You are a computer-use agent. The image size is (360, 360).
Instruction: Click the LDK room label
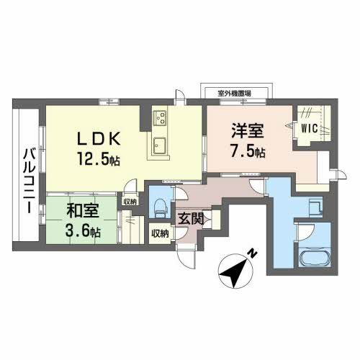click(99, 137)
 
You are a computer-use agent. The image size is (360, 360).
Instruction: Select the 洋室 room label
click(247, 132)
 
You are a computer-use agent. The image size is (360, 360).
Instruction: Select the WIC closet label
click(310, 129)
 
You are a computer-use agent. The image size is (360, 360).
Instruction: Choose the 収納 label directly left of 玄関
click(160, 233)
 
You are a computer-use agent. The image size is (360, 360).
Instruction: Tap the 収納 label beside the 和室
click(129, 202)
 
